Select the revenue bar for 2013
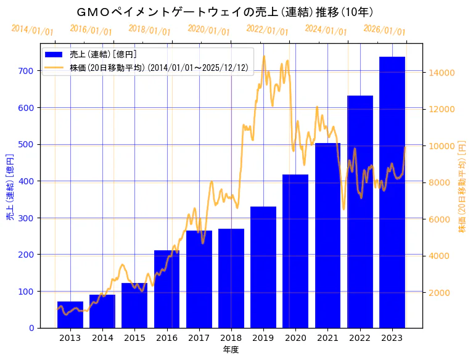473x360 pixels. (x=70, y=314)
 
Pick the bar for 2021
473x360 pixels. (x=327, y=235)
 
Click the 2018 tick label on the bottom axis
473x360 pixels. (x=231, y=338)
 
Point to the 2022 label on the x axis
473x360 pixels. (x=360, y=338)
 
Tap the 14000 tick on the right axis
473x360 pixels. (x=442, y=73)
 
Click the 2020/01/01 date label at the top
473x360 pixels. (x=208, y=31)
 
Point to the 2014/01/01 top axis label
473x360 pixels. (x=32, y=30)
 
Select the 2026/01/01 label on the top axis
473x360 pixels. (x=384, y=31)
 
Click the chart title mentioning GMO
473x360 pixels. (x=226, y=12)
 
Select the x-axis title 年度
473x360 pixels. (x=231, y=350)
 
